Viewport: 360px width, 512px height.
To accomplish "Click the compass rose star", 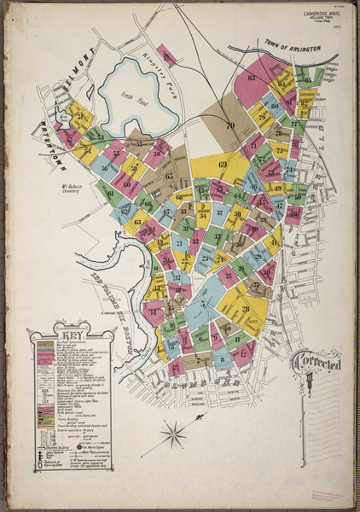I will tap(173, 435).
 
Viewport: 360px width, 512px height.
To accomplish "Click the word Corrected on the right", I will tap(317, 361).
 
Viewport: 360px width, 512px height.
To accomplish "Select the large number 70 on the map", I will tap(229, 126).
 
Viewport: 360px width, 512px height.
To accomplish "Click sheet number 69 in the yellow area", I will tap(223, 164).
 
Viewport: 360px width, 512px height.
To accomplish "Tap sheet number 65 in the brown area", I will tap(169, 177).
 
